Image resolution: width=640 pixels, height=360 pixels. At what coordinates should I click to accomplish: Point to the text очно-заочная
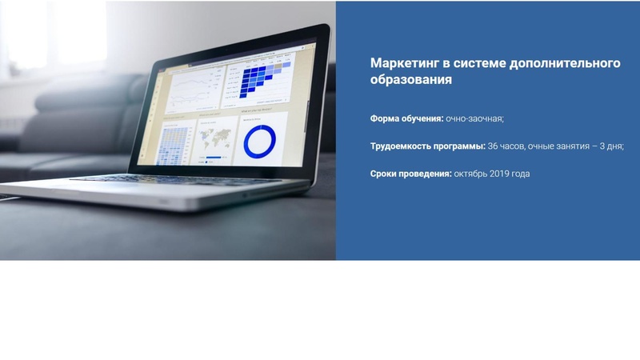click(x=475, y=118)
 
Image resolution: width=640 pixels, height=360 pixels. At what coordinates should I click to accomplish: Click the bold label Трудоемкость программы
click(x=428, y=146)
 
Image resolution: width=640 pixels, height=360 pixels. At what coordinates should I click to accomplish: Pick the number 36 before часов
click(x=493, y=146)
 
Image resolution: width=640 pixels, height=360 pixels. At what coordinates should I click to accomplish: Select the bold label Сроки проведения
click(x=411, y=174)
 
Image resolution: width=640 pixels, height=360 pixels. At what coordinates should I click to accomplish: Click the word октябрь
click(x=470, y=174)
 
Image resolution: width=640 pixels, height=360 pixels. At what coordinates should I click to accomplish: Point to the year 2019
click(x=500, y=174)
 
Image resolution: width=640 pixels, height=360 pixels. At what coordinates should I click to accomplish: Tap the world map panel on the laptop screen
click(x=216, y=139)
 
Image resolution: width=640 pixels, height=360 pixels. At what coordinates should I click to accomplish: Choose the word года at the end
click(x=520, y=174)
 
